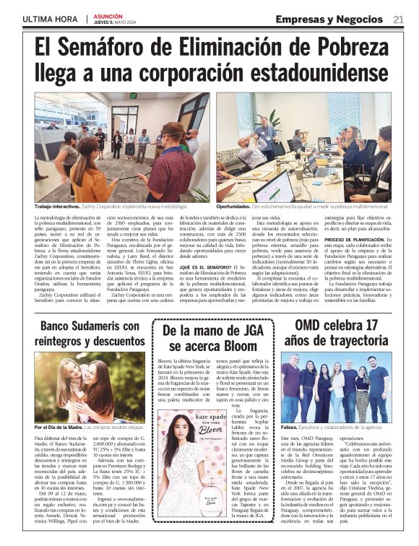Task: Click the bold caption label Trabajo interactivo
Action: click(x=58, y=206)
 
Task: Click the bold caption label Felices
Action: click(x=291, y=428)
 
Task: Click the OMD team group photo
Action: click(x=336, y=388)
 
